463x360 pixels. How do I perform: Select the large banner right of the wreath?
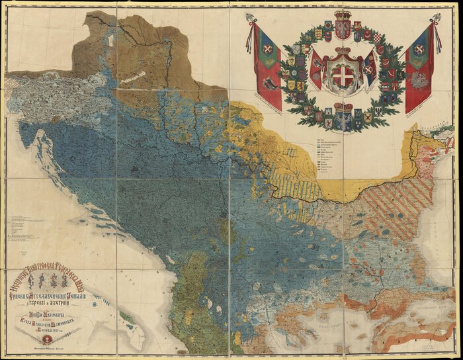pyautogui.click(x=420, y=66)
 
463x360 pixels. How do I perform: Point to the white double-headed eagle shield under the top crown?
pyautogui.click(x=343, y=29)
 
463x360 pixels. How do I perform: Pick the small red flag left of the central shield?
pyautogui.click(x=317, y=69)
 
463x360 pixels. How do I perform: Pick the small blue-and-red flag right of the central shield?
pyautogui.click(x=370, y=69)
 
